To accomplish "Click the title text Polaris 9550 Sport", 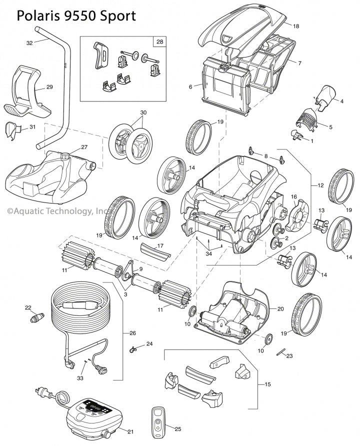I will tap(76, 15).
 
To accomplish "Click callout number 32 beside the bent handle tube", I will tap(29, 43).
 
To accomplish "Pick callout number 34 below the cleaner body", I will tap(208, 254).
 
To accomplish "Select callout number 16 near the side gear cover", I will tap(294, 196).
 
